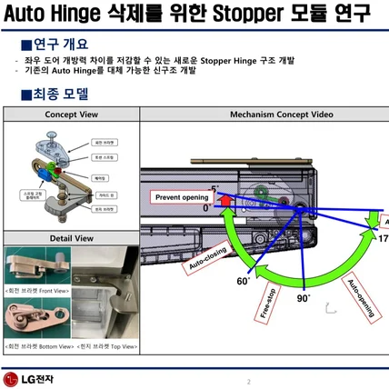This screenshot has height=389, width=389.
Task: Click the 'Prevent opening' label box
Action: [181, 197]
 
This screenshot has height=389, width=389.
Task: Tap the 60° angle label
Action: [243, 282]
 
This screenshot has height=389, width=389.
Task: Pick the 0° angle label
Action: [206, 207]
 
